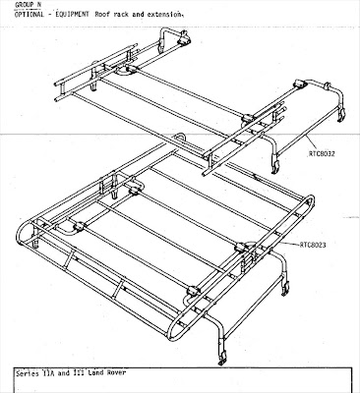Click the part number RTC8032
(322, 153)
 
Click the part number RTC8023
(313, 245)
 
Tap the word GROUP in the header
(25, 5)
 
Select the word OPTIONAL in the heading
(29, 15)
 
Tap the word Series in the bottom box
(28, 373)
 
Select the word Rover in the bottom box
(116, 372)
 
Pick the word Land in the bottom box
(95, 372)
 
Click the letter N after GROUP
(39, 5)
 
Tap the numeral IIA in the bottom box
(48, 373)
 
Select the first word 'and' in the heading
(138, 15)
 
